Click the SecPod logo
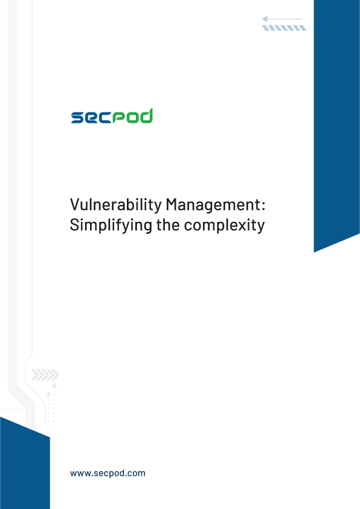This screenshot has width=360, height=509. click(112, 116)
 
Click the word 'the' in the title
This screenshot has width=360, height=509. click(168, 225)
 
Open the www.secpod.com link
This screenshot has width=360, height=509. click(108, 473)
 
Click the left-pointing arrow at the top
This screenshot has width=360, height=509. click(282, 19)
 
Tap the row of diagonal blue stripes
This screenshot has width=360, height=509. click(284, 28)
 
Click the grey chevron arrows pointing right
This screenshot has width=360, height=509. click(45, 375)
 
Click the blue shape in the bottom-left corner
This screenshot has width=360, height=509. click(25, 464)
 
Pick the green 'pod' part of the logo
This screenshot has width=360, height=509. click(133, 116)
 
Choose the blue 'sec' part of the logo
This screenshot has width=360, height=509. click(91, 117)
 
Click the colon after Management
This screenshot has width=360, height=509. click(263, 206)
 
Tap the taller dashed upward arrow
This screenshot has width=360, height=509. click(54, 405)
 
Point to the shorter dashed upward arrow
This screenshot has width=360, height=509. click(48, 407)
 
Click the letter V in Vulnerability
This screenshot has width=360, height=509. click(75, 204)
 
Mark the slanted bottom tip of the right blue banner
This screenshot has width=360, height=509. click(314, 252)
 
